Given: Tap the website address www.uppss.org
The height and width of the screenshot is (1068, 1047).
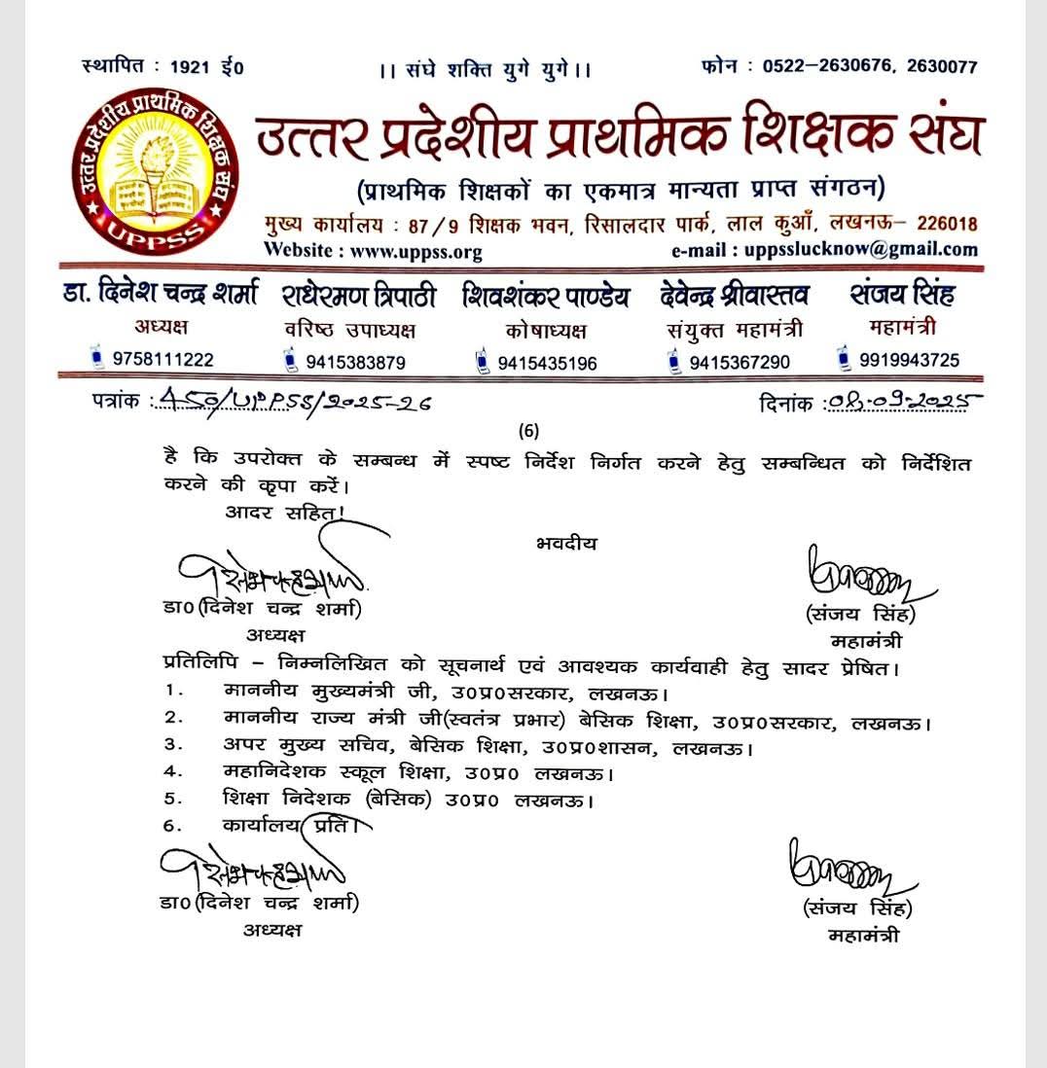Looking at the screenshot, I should click(373, 251).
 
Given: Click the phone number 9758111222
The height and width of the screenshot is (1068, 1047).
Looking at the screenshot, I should click(162, 359).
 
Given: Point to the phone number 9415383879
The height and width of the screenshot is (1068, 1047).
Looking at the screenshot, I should click(355, 363).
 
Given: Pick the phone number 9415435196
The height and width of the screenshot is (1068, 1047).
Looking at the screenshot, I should click(548, 364).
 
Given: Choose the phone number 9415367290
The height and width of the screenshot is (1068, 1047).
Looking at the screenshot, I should click(740, 363).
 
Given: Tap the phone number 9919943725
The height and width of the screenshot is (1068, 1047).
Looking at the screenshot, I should click(909, 360).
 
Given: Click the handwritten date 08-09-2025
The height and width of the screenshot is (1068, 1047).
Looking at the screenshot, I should click(901, 402).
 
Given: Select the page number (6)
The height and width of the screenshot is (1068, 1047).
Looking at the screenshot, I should click(528, 430).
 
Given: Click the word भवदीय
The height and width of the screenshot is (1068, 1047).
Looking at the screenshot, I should click(566, 544).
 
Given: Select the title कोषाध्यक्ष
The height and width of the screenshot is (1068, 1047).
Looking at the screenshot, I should click(546, 331).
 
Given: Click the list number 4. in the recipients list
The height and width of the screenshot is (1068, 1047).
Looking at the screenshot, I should click(175, 774).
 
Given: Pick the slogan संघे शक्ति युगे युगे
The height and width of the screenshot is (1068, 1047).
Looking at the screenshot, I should click(486, 70).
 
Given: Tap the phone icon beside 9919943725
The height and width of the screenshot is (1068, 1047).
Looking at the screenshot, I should click(845, 359).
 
